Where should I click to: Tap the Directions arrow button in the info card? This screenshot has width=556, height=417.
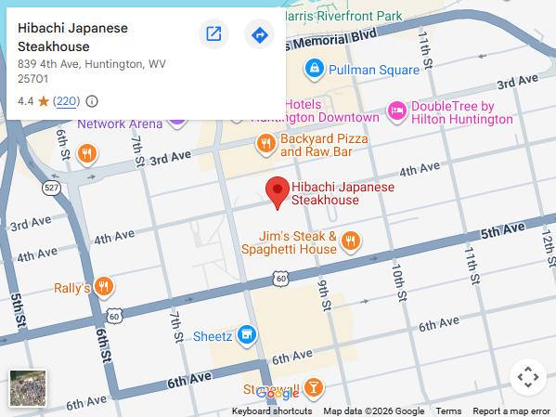[259, 34]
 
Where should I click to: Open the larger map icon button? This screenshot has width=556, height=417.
[213, 34]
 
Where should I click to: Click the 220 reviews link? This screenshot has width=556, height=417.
[66, 101]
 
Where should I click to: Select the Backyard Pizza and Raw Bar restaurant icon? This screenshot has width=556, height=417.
[265, 143]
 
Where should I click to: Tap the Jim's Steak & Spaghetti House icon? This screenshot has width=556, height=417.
[350, 242]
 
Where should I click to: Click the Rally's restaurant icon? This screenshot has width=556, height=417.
[104, 287]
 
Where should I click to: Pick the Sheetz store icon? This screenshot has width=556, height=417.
[246, 334]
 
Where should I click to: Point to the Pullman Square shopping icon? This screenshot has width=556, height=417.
[315, 70]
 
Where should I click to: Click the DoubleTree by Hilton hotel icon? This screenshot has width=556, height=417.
[396, 111]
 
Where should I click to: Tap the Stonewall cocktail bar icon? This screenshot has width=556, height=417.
[315, 386]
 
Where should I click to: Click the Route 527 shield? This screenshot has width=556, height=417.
[51, 189]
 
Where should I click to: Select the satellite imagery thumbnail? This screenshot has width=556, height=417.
[28, 388]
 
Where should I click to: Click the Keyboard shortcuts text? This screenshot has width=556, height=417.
[271, 411]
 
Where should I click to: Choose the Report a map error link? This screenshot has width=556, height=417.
[511, 411]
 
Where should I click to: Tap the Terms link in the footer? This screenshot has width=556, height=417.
[448, 411]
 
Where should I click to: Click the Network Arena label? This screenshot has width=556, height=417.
[119, 124]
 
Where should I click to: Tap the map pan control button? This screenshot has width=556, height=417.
[527, 377]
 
